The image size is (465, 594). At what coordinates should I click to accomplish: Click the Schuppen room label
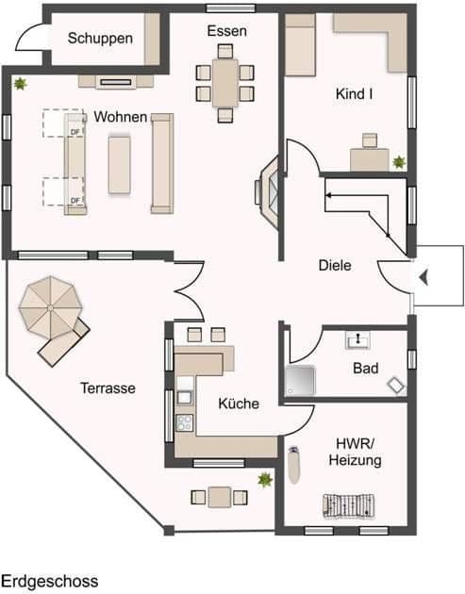(x=99, y=39)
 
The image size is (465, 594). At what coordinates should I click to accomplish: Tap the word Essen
(x=226, y=31)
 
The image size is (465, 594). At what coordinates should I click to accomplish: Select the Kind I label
(x=355, y=94)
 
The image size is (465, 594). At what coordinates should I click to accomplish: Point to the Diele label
(x=334, y=266)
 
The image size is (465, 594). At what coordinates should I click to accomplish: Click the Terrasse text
(x=108, y=388)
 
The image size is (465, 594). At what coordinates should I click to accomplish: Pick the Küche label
(x=239, y=404)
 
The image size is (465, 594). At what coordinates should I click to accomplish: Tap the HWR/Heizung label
(x=355, y=452)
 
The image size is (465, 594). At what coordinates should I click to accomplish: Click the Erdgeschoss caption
(x=49, y=582)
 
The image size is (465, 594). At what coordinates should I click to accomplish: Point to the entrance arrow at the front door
(x=424, y=276)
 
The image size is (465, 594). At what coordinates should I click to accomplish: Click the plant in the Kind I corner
(x=399, y=162)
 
